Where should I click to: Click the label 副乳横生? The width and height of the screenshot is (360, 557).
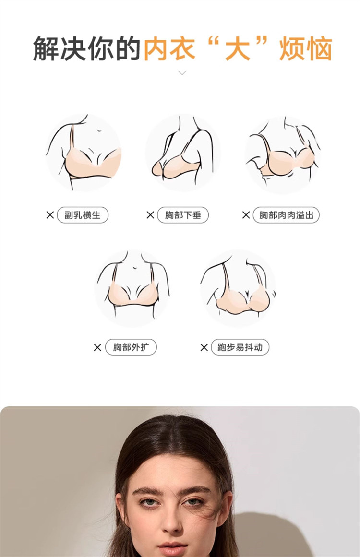pyautogui.click(x=83, y=215)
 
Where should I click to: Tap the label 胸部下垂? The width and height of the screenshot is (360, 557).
pyautogui.click(x=183, y=215)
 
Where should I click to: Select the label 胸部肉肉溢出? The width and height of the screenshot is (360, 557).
pyautogui.click(x=286, y=215)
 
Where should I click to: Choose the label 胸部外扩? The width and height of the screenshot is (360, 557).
pyautogui.click(x=131, y=347)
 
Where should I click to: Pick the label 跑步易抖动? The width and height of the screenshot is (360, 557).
pyautogui.click(x=240, y=347)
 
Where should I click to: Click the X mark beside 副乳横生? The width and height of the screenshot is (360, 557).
pyautogui.click(x=50, y=215)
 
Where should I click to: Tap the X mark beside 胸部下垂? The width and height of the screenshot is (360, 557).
pyautogui.click(x=150, y=215)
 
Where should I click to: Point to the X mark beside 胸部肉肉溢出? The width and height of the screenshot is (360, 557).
pyautogui.click(x=246, y=215)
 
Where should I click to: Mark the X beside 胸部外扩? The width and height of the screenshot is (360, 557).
pyautogui.click(x=97, y=347)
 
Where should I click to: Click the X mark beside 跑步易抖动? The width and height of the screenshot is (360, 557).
pyautogui.click(x=204, y=347)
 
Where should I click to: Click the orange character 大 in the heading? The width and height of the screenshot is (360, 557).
pyautogui.click(x=238, y=48)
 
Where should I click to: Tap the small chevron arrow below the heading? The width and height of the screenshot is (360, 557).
pyautogui.click(x=182, y=73)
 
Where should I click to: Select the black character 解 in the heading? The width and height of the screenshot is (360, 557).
pyautogui.click(x=46, y=48)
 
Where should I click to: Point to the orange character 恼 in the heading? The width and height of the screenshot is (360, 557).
pyautogui.click(x=319, y=48)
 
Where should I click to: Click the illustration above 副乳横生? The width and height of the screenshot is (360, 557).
pyautogui.click(x=84, y=153)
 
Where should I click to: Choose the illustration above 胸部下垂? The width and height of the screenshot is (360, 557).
pyautogui.click(x=183, y=153)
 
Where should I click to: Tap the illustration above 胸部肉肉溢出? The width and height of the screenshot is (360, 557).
pyautogui.click(x=283, y=154)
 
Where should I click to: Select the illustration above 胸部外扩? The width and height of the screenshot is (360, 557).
pyautogui.click(x=132, y=288)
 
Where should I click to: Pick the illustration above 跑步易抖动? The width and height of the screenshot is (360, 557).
pyautogui.click(x=238, y=288)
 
